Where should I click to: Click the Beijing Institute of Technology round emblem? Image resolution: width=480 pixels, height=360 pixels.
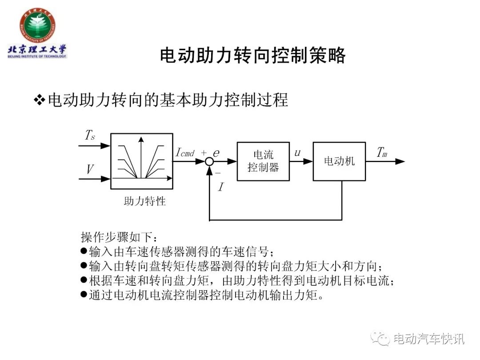pyautogui.click(x=37, y=26)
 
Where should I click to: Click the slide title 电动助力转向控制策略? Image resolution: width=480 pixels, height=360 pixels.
pyautogui.click(x=253, y=56)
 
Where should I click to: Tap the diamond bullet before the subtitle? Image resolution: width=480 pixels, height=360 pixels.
pyautogui.click(x=40, y=100)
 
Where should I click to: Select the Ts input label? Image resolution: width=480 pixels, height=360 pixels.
pyautogui.click(x=90, y=135)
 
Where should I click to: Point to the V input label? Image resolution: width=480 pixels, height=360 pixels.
pyautogui.click(x=90, y=169)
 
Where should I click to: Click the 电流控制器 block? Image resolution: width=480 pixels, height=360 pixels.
pyautogui.click(x=263, y=161)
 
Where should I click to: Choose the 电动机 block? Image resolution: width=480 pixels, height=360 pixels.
pyautogui.click(x=339, y=161)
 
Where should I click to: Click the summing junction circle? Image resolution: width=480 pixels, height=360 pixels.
pyautogui.click(x=209, y=161)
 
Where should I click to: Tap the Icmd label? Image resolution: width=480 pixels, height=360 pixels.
pyautogui.click(x=185, y=152)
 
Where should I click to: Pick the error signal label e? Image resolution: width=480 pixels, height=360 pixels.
pyautogui.click(x=216, y=153)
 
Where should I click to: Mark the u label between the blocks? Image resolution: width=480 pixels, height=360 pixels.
pyautogui.click(x=297, y=153)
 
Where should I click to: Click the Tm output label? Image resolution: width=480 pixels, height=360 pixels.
pyautogui.click(x=382, y=152)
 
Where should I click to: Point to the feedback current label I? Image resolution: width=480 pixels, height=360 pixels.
pyautogui.click(x=221, y=187)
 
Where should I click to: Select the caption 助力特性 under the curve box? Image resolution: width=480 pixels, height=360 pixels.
pyautogui.click(x=145, y=201)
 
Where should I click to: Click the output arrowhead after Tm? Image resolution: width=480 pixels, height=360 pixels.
pyautogui.click(x=400, y=161)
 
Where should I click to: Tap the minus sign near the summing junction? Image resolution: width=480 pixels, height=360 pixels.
pyautogui.click(x=218, y=173)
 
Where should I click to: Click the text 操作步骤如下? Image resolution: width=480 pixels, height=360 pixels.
pyautogui.click(x=116, y=237)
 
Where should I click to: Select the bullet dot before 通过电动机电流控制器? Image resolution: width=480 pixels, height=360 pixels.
pyautogui.click(x=84, y=294)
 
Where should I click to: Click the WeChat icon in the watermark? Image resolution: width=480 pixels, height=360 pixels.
pyautogui.click(x=380, y=338)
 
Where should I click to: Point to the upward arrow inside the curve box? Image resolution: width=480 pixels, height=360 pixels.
pyautogui.click(x=141, y=157)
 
